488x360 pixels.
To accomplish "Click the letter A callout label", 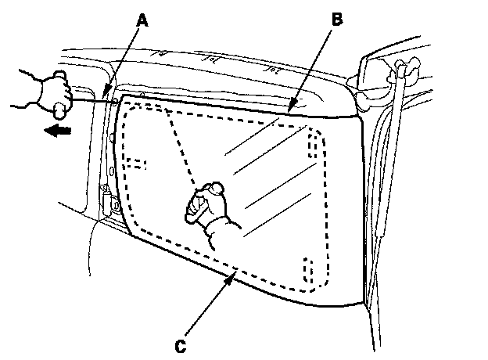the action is (141, 20).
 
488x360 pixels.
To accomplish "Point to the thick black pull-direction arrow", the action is (57, 131).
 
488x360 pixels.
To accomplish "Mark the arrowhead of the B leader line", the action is (290, 109).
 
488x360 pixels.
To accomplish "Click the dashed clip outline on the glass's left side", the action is (135, 164).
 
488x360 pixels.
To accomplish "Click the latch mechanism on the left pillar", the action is (108, 201).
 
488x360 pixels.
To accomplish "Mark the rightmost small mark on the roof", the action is (274, 69).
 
